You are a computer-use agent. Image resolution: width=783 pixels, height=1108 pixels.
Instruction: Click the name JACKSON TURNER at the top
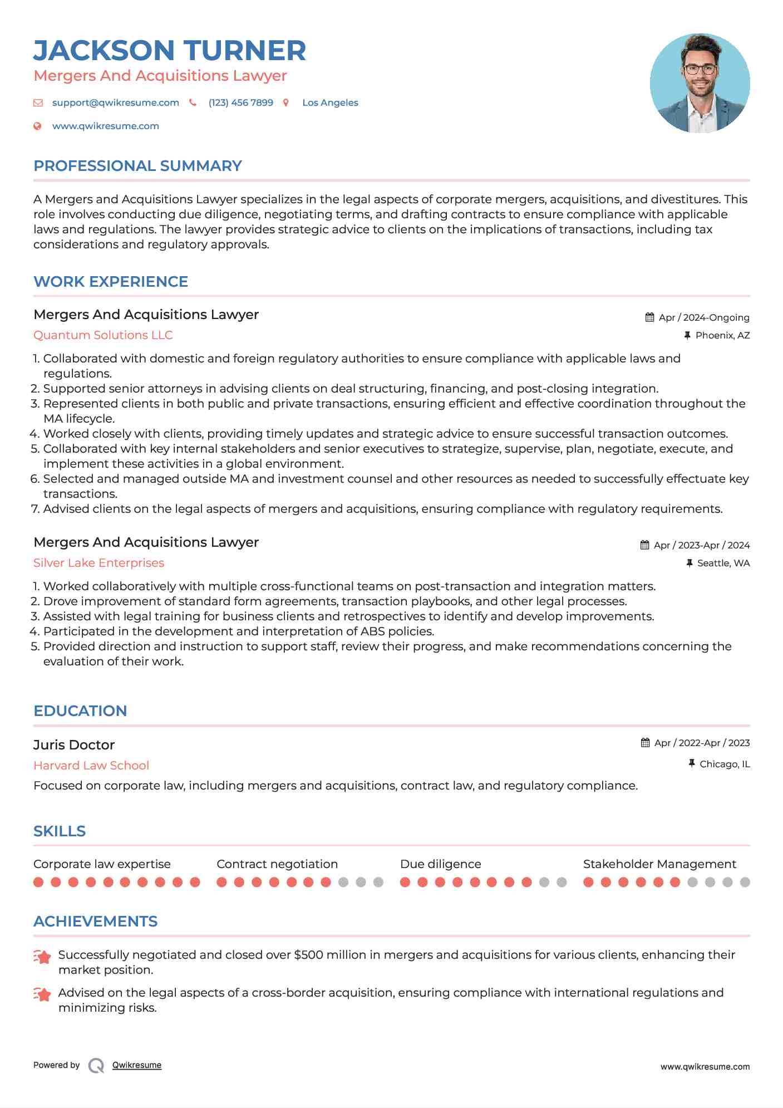(x=170, y=51)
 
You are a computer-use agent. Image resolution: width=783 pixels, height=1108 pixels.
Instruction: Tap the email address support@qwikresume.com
(x=115, y=103)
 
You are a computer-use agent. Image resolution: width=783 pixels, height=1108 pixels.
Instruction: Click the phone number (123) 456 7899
(x=240, y=103)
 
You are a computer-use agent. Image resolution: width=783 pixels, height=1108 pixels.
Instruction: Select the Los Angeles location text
(x=330, y=103)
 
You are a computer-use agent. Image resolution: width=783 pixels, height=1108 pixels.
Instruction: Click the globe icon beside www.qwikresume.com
(x=37, y=126)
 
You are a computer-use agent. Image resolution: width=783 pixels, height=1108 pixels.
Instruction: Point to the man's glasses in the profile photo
(x=700, y=70)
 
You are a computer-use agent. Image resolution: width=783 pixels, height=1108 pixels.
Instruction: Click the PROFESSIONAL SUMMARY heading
(x=137, y=166)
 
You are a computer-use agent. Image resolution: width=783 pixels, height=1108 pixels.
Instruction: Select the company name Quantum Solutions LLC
(x=103, y=335)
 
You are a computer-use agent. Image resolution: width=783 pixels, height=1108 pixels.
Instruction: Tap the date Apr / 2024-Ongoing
(x=703, y=317)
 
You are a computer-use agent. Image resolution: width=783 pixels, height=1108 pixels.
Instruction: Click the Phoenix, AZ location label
(x=722, y=335)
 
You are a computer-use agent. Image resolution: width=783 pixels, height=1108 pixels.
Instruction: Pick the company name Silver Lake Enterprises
(x=99, y=563)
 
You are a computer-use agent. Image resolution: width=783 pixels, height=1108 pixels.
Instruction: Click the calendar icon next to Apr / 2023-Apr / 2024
(x=644, y=545)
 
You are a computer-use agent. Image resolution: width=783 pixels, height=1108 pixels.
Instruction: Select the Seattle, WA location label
(x=723, y=563)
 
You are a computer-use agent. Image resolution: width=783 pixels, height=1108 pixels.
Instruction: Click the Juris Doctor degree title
(x=74, y=745)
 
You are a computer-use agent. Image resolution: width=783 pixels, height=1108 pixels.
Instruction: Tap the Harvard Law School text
(x=91, y=766)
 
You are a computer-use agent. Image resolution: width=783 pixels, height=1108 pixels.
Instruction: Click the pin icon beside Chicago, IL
(x=691, y=763)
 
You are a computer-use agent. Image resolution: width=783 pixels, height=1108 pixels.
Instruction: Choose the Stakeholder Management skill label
(x=659, y=864)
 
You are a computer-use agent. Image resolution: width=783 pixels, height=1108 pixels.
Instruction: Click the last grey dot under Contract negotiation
(x=378, y=882)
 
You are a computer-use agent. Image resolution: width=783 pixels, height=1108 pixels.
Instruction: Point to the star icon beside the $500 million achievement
(x=42, y=957)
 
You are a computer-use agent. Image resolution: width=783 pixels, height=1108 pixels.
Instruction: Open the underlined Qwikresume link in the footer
(x=137, y=1065)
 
